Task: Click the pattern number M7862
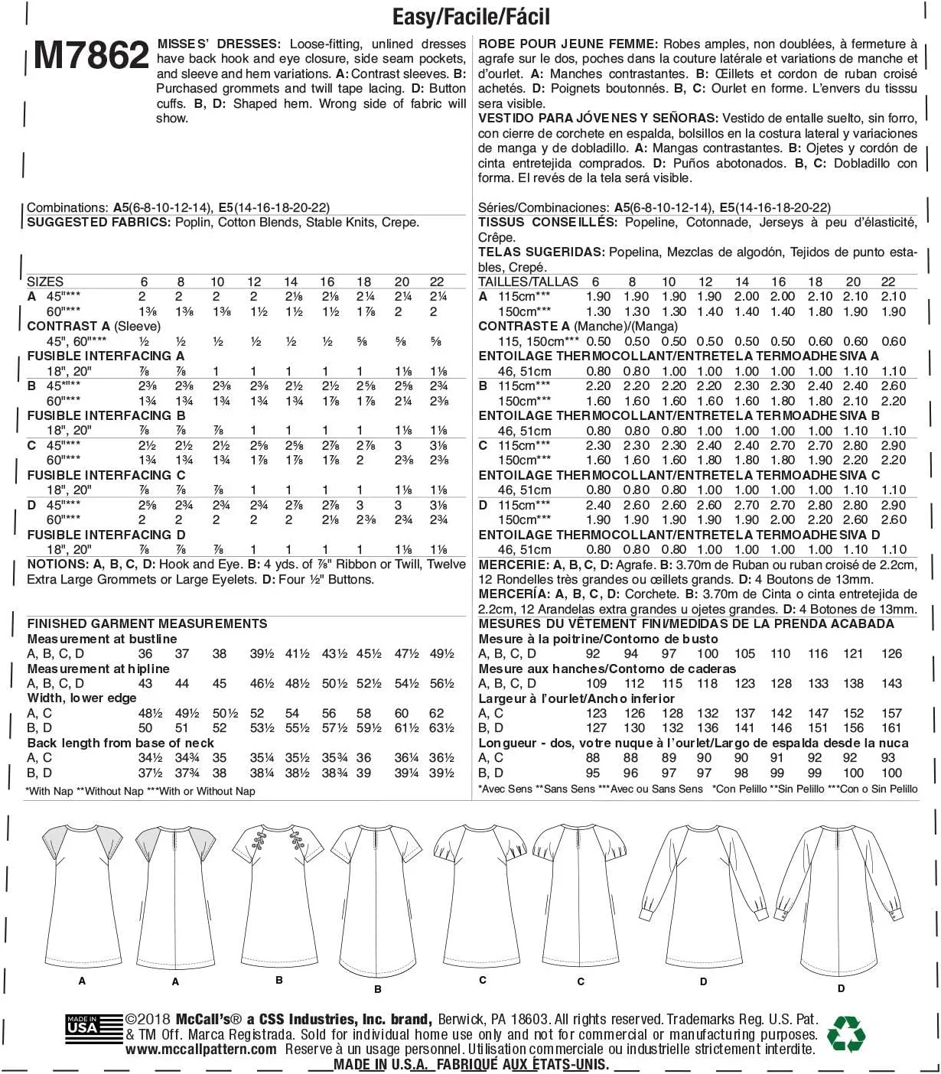(91, 56)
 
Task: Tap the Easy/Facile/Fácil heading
(470, 17)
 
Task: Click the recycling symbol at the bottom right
(846, 1033)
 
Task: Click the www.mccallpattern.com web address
(201, 1050)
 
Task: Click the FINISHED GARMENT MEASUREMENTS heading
(147, 624)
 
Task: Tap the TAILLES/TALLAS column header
(528, 282)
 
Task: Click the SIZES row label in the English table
(45, 282)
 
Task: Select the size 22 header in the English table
(437, 282)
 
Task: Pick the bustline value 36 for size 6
(145, 654)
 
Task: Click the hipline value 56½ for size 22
(441, 684)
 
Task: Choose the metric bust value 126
(891, 654)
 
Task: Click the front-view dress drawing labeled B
(279, 895)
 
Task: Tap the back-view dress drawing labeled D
(842, 899)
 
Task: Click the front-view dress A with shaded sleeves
(82, 895)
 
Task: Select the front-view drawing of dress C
(482, 895)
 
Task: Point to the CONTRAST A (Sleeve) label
(93, 327)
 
